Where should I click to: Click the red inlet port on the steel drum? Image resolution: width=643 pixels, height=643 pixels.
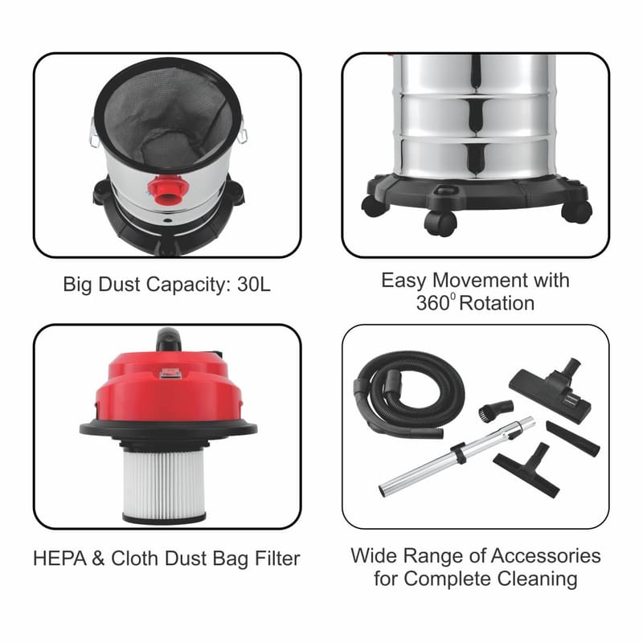pos(168,190)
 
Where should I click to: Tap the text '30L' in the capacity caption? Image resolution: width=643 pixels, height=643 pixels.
pos(254,285)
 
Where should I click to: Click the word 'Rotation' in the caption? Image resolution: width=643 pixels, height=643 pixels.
pos(497,304)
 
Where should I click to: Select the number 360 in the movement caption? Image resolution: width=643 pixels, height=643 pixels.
pos(433,304)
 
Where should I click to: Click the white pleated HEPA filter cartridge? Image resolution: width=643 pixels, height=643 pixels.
pos(164,486)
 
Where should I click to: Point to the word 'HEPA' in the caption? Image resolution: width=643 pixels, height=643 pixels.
pos(59,559)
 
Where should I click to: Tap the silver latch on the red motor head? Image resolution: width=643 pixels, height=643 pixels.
pos(170,373)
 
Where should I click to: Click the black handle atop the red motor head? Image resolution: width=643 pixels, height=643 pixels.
pos(169,339)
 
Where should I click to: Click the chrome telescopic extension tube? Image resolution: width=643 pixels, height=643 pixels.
pos(457,457)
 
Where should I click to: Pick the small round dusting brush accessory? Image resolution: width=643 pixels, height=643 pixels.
pos(495,411)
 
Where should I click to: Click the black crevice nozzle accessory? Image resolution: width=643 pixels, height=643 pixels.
pos(573,438)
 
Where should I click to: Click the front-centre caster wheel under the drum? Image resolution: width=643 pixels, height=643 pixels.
pos(440,223)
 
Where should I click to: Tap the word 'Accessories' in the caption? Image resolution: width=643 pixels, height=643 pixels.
pos(546,556)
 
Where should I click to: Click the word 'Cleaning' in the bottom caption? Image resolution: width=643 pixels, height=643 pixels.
pos(538,580)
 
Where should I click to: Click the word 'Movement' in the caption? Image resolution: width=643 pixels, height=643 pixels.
pos(480,281)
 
